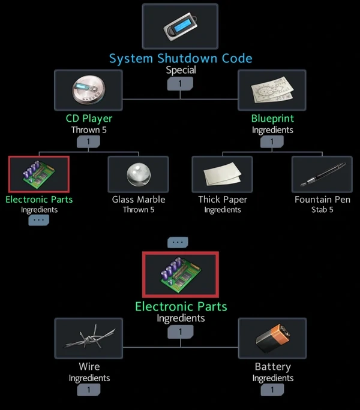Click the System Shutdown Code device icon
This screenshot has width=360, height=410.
pos(180,26)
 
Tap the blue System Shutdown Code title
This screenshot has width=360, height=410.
pos(180,58)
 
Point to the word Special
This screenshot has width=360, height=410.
pos(180,70)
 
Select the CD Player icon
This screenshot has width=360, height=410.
pos(88,90)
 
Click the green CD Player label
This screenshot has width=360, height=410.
pos(89,118)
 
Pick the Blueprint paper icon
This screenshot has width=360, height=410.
pos(272,90)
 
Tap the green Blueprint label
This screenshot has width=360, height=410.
pos(272,118)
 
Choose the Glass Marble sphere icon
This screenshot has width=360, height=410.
pos(138,174)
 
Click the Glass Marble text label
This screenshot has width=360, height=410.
pos(139,199)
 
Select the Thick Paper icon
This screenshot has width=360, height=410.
pos(222,174)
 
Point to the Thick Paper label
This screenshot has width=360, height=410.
pos(223,199)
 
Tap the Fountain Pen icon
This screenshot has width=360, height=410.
pos(322,174)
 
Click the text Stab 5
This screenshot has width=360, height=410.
pos(322,210)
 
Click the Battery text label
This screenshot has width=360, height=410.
pos(272,366)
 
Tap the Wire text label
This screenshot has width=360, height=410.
pos(89,366)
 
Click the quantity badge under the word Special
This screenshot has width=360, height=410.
pos(180,83)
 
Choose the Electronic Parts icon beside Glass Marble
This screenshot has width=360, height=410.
pos(39,174)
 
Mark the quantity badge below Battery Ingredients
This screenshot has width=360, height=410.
pos(272,390)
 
